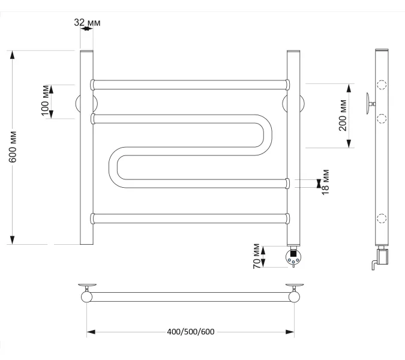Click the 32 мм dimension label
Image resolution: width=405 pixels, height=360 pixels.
pos(87,23)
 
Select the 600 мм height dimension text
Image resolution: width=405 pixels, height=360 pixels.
pos(13,147)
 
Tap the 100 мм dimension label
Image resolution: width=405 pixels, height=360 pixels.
pos(45,100)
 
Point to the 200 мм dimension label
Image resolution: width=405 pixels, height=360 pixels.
pos(343,115)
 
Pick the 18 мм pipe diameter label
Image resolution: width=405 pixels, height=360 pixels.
pos(325,182)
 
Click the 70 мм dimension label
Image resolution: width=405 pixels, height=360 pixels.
pos(256,256)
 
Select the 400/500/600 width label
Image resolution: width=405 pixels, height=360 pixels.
pos(191,332)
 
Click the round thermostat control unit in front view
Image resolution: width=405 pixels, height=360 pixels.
pos(293,258)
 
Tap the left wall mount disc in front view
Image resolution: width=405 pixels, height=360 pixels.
pos(86,104)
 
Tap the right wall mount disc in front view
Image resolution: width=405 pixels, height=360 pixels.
pos(293,104)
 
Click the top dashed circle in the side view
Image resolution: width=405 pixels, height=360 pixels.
pos(382,85)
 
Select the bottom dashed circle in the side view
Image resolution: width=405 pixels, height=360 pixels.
pos(382,218)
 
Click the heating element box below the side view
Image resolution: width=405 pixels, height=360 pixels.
pos(383,257)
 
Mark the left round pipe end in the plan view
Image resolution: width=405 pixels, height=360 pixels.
pos(86,297)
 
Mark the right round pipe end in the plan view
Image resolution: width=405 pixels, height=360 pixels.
pos(294,297)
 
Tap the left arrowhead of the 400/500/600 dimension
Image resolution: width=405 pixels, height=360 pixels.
pos(91,332)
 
